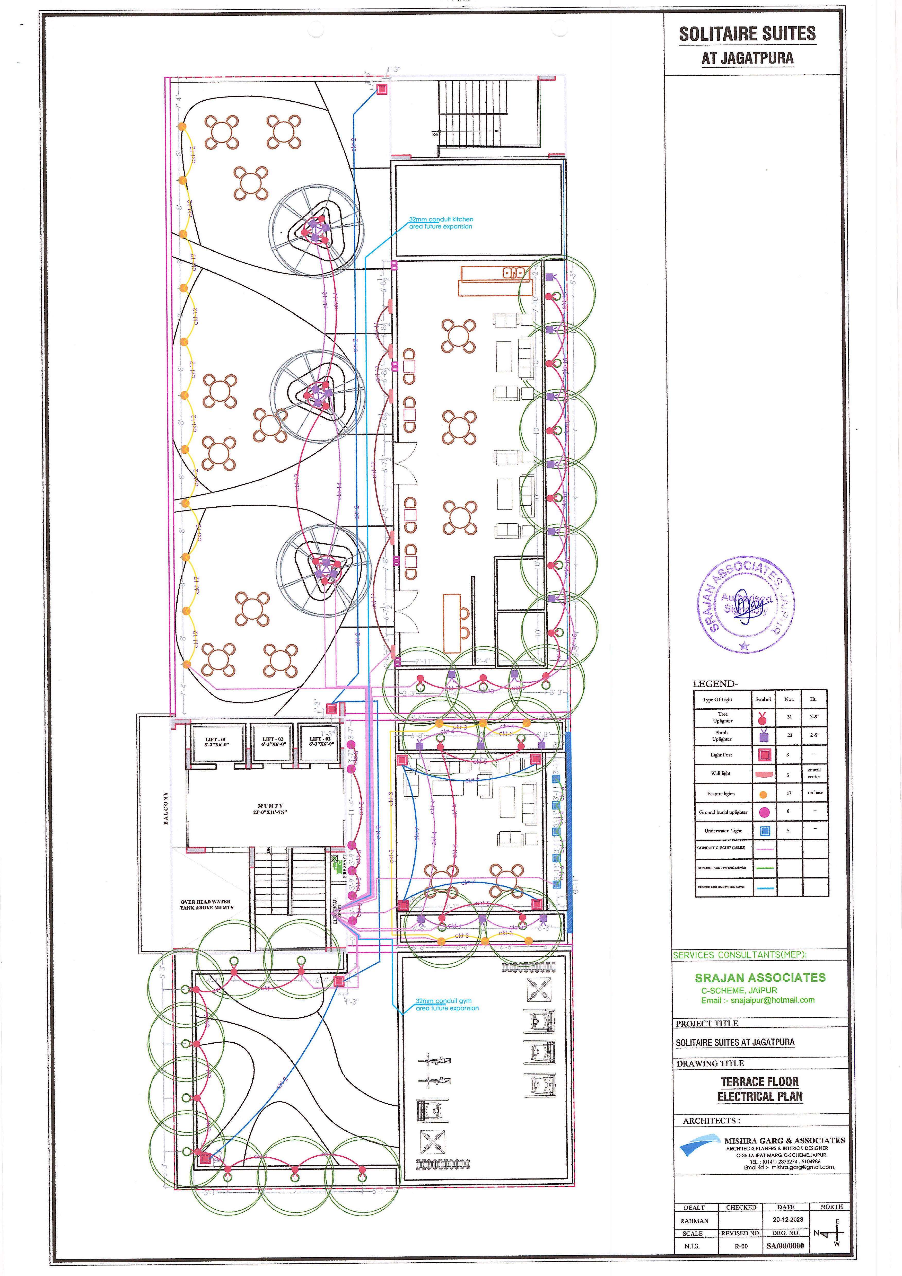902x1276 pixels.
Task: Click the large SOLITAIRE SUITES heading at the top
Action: (747, 34)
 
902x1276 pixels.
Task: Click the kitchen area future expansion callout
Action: (441, 223)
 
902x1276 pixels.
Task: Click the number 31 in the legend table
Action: (789, 717)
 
